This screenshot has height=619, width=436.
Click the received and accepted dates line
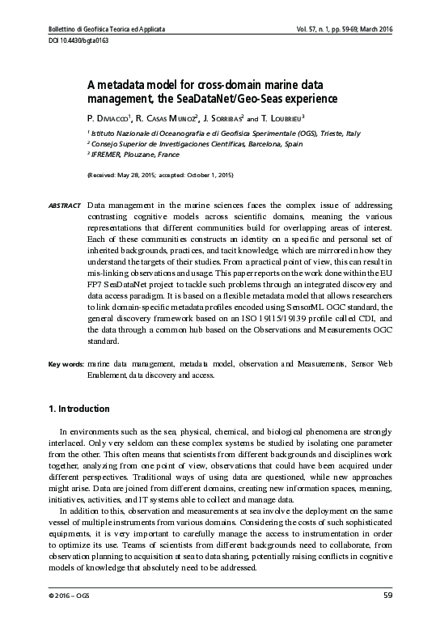point(160,174)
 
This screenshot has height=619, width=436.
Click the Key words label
point(62,365)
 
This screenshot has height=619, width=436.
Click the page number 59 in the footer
point(387,596)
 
